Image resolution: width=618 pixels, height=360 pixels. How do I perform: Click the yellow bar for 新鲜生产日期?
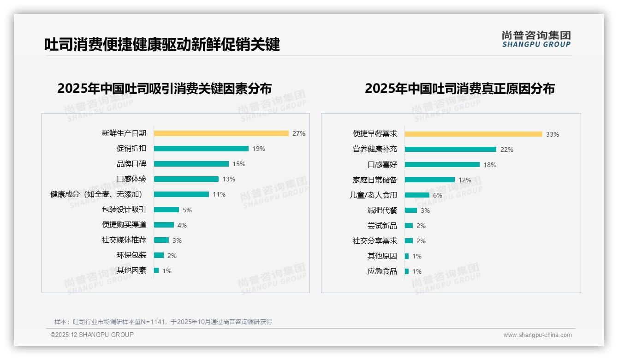tap(221, 133)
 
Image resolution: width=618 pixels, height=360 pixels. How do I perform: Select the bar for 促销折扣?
tap(201, 149)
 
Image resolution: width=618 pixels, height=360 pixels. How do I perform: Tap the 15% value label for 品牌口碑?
tap(239, 164)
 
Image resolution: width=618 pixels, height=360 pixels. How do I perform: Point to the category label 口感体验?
tap(131, 179)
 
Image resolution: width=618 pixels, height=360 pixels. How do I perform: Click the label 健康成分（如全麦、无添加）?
tap(98, 194)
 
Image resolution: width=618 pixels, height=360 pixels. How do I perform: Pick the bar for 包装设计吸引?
tap(166, 210)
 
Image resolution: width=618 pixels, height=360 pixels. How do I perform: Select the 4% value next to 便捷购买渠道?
tap(182, 225)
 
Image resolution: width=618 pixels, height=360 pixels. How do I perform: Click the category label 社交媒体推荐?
tap(124, 240)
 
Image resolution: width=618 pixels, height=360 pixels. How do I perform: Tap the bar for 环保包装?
tap(159, 255)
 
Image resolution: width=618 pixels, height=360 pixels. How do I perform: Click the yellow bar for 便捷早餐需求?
tap(473, 134)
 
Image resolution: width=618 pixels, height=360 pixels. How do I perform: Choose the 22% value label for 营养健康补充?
tap(507, 150)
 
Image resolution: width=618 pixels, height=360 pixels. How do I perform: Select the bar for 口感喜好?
tap(442, 165)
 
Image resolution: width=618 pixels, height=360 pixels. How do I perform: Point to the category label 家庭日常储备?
tap(374, 180)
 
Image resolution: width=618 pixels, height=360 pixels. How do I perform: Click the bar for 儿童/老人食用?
tap(417, 195)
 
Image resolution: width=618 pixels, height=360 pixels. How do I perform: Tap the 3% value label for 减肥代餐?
tap(425, 210)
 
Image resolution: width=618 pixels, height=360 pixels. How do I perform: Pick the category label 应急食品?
tap(382, 271)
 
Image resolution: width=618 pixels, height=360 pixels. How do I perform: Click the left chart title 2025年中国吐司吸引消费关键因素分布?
tap(165, 88)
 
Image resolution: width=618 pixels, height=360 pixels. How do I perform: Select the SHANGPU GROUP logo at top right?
tap(536, 39)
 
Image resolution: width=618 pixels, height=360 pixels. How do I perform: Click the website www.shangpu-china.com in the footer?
tap(537, 335)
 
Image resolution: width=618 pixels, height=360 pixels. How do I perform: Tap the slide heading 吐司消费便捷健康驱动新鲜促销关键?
tap(162, 45)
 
